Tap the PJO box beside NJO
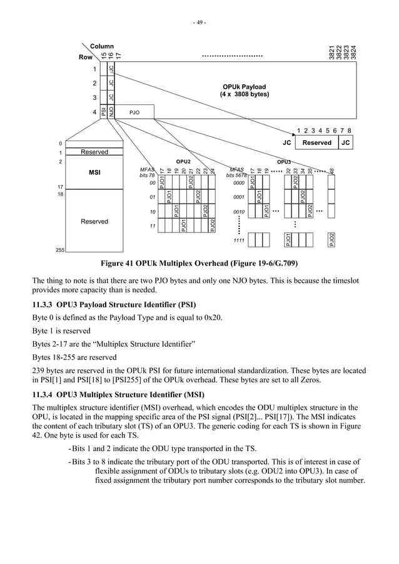134,113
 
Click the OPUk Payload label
244,87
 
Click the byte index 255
61,249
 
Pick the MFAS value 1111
238,240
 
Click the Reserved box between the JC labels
317,142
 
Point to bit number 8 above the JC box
348,131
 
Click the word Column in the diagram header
102,47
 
